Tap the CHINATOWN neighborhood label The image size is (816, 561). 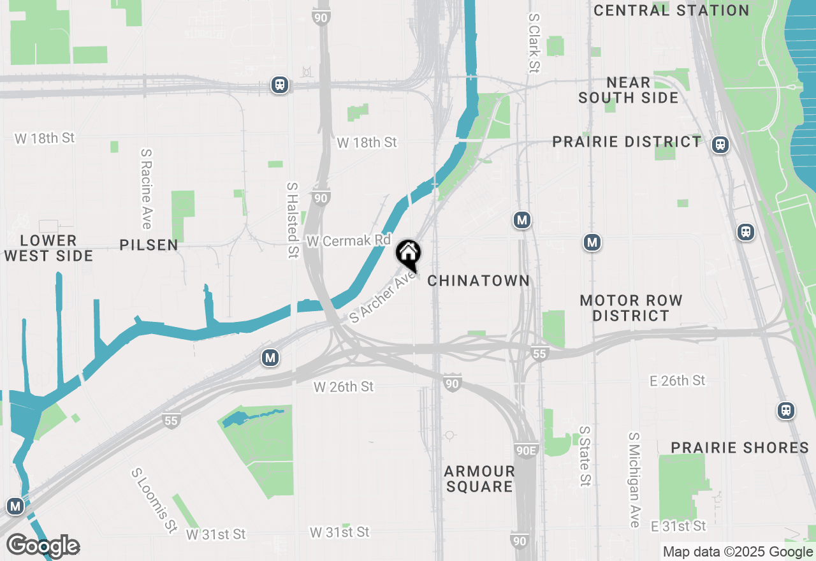pos(478,280)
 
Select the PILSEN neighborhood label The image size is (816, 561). pos(149,245)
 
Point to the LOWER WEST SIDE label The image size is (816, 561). pos(48,248)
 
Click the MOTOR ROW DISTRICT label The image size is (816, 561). pos(631,308)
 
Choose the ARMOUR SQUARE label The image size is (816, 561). pos(479,479)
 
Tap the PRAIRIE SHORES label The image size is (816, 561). pos(739,448)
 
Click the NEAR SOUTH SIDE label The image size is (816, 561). pos(629,90)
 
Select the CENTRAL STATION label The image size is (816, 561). pos(671,10)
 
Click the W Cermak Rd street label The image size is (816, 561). pos(348,240)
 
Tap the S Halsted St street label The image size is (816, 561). pos(293,220)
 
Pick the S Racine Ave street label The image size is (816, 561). pos(146,189)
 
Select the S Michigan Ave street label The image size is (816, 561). pos(634,480)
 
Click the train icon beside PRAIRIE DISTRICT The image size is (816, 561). pos(720,145)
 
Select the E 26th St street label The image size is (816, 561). pos(678,381)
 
